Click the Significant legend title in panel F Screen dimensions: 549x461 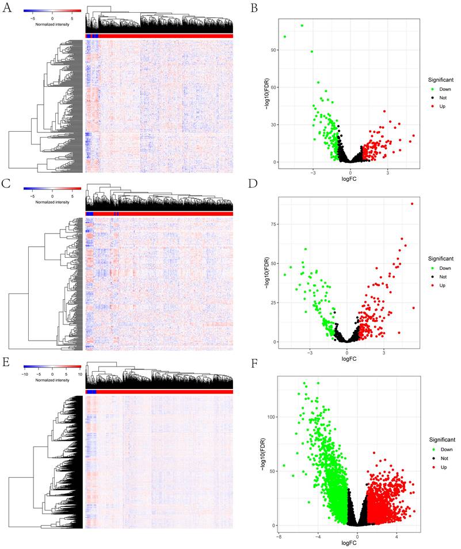point(440,439)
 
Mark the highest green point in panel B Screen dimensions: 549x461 point(302,25)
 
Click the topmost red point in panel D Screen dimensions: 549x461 point(412,204)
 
